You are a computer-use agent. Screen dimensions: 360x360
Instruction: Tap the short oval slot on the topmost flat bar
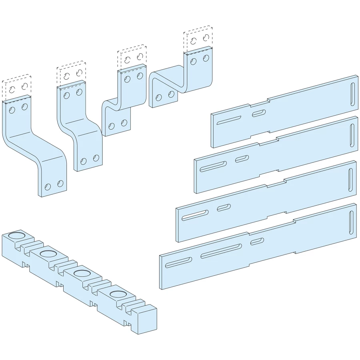pos(258,114)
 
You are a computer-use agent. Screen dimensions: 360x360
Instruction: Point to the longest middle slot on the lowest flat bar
pos(221,251)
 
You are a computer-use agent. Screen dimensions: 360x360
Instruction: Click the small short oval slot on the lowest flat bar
pos(257,241)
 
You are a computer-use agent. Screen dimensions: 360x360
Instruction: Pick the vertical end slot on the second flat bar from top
pos(352,135)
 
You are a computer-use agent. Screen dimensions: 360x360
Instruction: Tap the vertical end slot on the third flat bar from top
pos(350,180)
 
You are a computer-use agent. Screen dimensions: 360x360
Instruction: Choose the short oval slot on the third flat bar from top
pos(224,208)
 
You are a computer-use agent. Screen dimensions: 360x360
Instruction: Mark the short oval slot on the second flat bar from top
pos(242,159)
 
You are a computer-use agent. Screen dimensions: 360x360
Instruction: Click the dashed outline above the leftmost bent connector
pos(16,86)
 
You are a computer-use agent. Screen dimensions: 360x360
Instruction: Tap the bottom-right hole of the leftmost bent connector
pos(60,184)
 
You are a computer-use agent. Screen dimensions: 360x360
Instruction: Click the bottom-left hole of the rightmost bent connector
pos(159,97)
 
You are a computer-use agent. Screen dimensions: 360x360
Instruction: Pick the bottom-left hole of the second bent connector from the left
pos(83,162)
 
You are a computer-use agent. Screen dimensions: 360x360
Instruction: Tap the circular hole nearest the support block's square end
pos(118,295)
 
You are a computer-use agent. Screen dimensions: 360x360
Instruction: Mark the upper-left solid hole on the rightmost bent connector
pos(194,61)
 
